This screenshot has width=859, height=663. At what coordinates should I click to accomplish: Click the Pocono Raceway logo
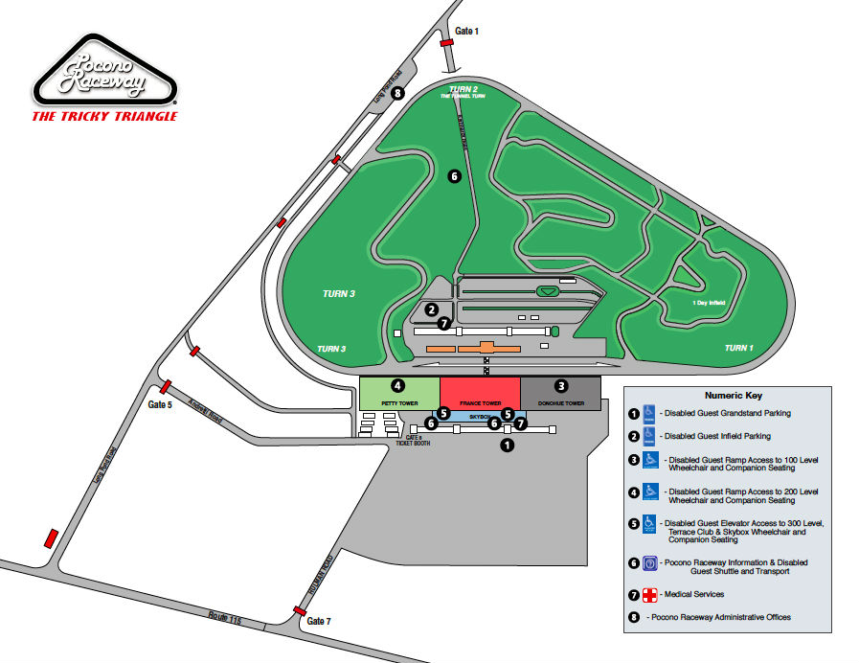(x=105, y=75)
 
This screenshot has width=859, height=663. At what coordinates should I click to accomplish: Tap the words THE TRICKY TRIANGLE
(x=105, y=116)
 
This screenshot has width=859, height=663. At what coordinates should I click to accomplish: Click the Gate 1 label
(x=466, y=32)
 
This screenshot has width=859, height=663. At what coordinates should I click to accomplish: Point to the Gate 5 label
(x=160, y=404)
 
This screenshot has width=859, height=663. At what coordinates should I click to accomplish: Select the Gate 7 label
(x=319, y=622)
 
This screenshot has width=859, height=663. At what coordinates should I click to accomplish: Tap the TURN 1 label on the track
(x=738, y=348)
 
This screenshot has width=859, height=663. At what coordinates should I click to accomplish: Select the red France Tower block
(x=480, y=394)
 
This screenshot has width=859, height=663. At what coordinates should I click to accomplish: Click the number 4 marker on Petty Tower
(x=397, y=386)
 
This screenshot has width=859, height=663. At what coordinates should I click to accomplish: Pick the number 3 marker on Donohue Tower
(x=561, y=386)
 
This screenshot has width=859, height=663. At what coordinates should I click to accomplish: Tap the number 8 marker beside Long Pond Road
(x=396, y=94)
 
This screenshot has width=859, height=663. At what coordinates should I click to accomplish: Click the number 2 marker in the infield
(x=433, y=309)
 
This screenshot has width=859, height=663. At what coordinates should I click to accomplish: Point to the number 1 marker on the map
(x=509, y=445)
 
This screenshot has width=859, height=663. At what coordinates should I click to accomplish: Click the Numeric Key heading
(x=732, y=395)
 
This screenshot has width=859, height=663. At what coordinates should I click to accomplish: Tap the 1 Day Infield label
(x=709, y=303)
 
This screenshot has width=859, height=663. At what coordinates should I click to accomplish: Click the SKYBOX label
(x=479, y=418)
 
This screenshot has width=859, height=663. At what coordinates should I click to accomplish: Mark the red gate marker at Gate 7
(x=300, y=610)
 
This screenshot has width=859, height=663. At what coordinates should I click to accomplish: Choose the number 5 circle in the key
(x=634, y=524)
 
